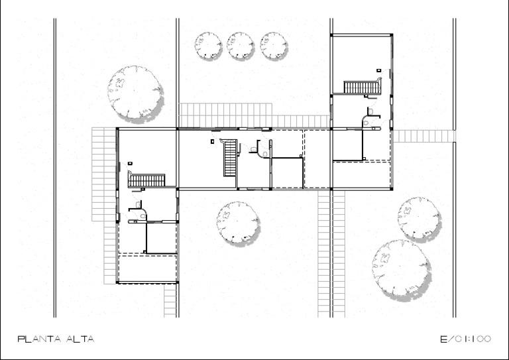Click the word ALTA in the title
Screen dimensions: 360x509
point(80,339)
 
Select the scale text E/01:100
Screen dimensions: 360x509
point(466,339)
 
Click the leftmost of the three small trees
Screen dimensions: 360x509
point(207,46)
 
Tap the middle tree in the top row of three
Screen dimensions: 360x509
point(240,46)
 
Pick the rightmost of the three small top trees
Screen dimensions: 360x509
point(273,46)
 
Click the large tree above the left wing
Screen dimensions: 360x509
point(135,92)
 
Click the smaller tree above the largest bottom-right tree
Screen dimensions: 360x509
point(420,217)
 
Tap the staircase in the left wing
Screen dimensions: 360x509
point(146,180)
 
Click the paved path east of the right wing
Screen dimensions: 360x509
point(424,136)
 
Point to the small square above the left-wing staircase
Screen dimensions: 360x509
point(131,162)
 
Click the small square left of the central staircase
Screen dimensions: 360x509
point(212,141)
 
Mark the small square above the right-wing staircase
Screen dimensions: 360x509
point(378,70)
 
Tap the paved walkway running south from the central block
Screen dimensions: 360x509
point(324,252)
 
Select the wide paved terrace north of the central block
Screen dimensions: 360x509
point(225,114)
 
